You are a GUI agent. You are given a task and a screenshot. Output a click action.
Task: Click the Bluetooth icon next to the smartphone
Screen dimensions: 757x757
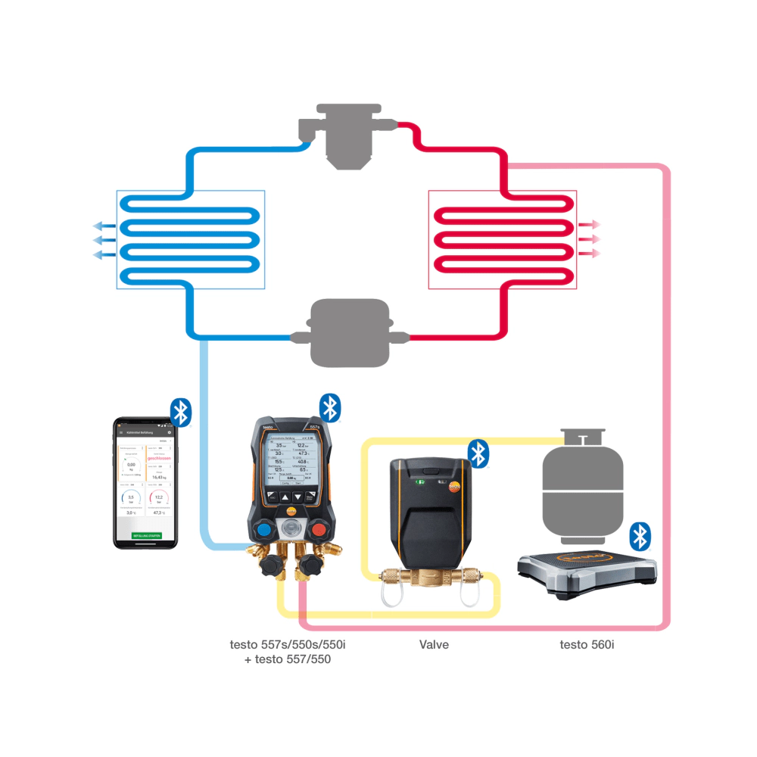pos(180,412)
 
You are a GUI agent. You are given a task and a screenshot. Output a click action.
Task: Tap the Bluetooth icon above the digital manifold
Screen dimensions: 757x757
pos(329,407)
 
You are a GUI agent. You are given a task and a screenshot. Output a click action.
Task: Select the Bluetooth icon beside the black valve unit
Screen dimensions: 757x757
pos(478,453)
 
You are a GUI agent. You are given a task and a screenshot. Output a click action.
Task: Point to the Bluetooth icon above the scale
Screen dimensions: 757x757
pos(640,536)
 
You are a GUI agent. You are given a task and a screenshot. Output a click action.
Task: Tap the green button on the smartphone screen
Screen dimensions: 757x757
pos(145,535)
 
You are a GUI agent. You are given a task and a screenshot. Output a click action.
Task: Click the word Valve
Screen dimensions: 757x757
pos(434,645)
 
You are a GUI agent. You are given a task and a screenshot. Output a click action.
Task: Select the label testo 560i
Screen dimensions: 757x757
pos(587,645)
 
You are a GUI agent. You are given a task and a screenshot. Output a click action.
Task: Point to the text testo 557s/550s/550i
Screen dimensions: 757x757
pos(292,645)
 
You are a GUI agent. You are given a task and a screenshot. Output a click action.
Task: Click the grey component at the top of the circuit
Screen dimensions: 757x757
pos(347,136)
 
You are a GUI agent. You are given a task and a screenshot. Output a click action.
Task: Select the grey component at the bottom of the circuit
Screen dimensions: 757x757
pos(350,333)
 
